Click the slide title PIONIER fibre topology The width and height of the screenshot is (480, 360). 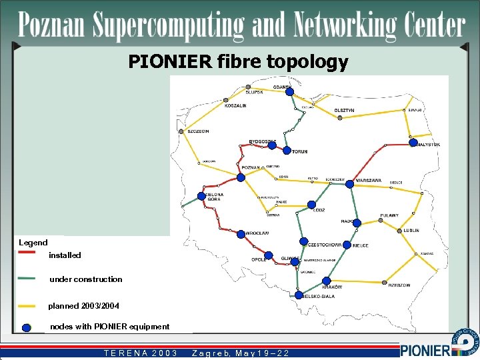(238, 63)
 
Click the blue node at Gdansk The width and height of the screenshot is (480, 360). (289, 92)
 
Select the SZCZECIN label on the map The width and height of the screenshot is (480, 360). (198, 131)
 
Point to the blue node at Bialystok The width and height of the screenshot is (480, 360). (413, 143)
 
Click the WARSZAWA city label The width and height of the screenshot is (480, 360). (369, 181)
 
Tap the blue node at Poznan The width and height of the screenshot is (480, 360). (241, 177)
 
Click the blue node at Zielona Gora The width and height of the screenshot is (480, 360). (201, 196)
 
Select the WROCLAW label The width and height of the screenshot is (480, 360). (257, 233)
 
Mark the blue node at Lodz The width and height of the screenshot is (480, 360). (311, 205)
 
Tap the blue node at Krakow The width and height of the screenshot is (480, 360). (327, 281)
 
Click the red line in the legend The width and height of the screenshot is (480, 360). (27, 253)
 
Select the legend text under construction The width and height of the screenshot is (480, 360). (86, 279)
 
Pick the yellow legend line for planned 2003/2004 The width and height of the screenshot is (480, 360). (27, 306)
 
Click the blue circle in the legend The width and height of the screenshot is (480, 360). (27, 327)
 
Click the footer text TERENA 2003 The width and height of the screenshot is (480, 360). (141, 353)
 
